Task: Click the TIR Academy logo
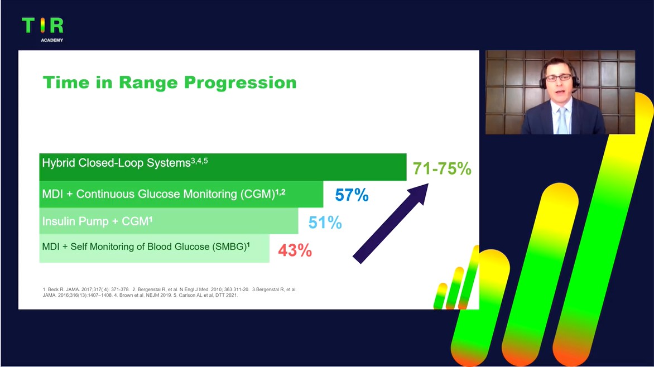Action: click(x=42, y=29)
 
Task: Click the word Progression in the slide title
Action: click(x=241, y=83)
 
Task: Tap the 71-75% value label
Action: click(x=442, y=168)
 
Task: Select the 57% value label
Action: click(x=352, y=195)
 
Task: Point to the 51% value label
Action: click(x=325, y=223)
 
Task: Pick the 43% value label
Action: click(x=295, y=250)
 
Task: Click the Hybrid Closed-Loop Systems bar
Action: click(x=223, y=167)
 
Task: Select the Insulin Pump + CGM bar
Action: click(x=169, y=221)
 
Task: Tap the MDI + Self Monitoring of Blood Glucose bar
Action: click(x=155, y=248)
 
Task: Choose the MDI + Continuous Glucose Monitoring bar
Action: click(x=181, y=194)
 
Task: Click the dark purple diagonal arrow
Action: click(x=391, y=224)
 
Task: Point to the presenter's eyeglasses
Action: click(x=558, y=78)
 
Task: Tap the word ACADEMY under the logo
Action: click(x=52, y=40)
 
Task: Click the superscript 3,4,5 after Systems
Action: click(x=199, y=161)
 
